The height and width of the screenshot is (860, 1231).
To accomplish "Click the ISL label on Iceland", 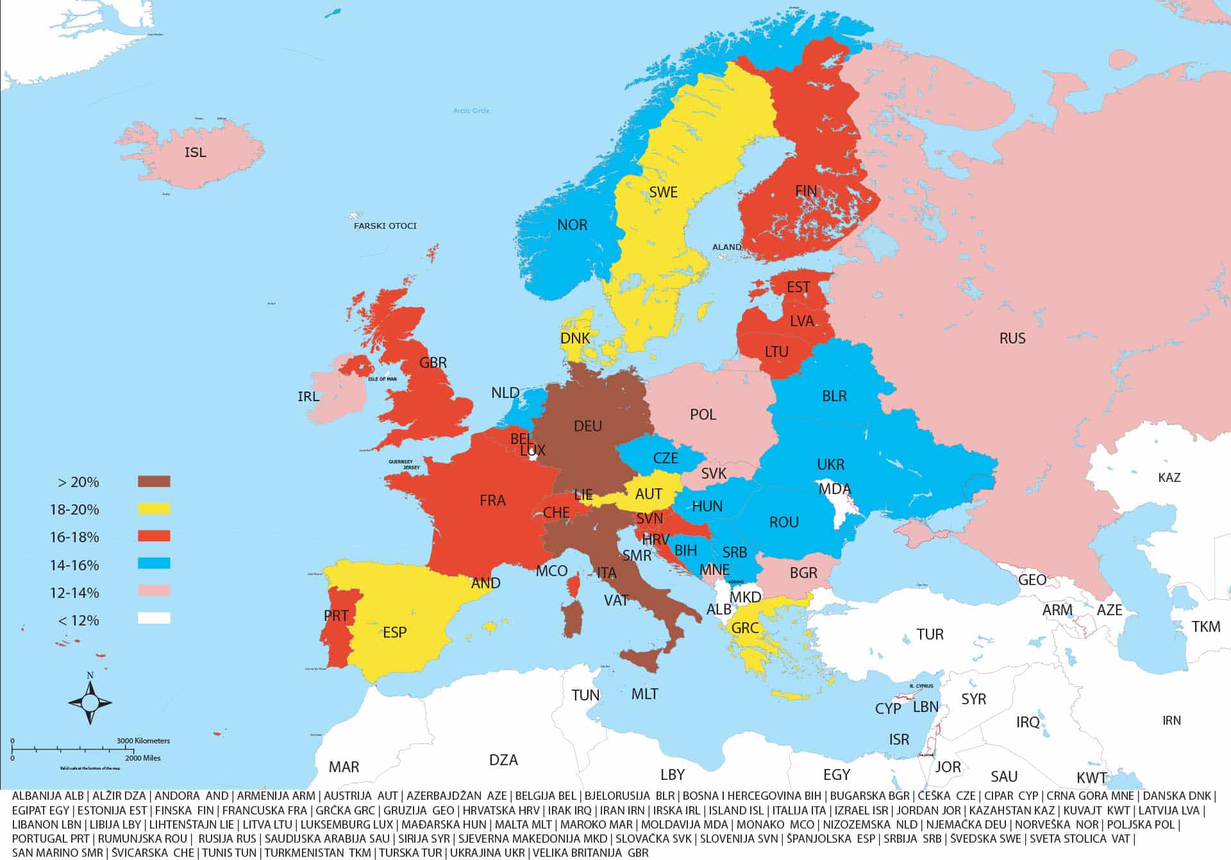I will tap(196, 153).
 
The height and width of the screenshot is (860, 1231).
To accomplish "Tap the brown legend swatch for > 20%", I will tap(154, 481).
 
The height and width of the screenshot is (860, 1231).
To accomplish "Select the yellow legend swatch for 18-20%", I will tap(154, 509).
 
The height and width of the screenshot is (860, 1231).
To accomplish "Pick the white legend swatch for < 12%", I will tap(154, 618).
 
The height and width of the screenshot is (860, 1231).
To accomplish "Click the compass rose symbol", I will tap(90, 702).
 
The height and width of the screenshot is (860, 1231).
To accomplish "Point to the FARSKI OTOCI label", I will tap(385, 226).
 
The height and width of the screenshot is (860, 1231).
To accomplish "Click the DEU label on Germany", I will tap(588, 426).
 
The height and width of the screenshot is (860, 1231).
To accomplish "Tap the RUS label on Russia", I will tap(1012, 338).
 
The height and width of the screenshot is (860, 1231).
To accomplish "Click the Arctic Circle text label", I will tap(471, 111).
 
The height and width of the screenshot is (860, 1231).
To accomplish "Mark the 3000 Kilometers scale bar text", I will tap(144, 741).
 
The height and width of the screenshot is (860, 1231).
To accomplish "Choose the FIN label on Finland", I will tap(806, 191).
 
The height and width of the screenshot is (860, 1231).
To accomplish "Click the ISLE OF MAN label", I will tap(382, 379).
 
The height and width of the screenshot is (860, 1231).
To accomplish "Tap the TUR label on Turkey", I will tap(930, 634).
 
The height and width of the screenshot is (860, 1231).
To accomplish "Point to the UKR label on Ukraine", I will tap(830, 465).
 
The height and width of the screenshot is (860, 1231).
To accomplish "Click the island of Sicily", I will tap(641, 659).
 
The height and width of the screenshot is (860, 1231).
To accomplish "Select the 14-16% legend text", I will tap(74, 565).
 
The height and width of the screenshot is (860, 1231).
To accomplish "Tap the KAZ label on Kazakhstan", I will tap(1169, 477).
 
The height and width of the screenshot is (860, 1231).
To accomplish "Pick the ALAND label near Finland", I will tap(727, 247).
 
